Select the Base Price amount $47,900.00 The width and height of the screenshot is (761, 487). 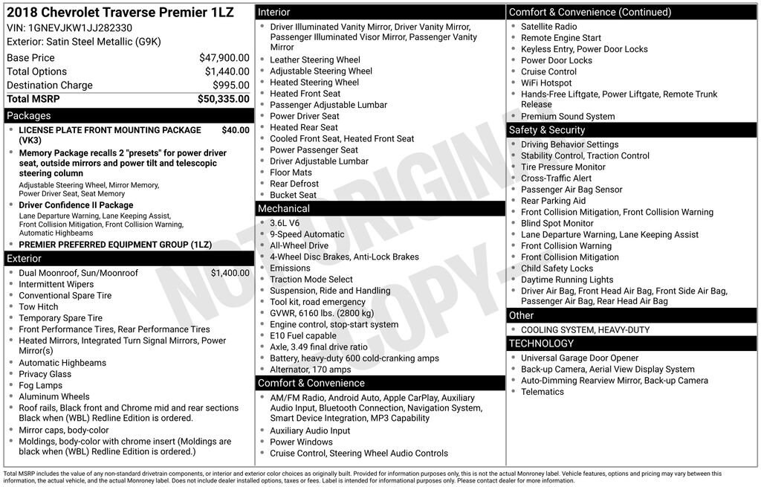pyautogui.click(x=224, y=57)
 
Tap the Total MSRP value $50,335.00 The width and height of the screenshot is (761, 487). pyautogui.click(x=223, y=99)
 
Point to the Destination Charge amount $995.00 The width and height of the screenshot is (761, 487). pyautogui.click(x=230, y=86)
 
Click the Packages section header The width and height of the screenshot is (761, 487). pyautogui.click(x=29, y=115)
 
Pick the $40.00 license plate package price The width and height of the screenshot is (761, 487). pyautogui.click(x=236, y=130)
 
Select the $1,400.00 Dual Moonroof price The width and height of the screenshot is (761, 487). pyautogui.click(x=230, y=273)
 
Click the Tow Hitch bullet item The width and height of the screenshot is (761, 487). pyautogui.click(x=38, y=306)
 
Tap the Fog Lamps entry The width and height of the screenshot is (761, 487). pyautogui.click(x=41, y=385)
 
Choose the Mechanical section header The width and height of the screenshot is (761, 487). pyautogui.click(x=284, y=209)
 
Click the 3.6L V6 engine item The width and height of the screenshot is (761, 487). pyautogui.click(x=285, y=223)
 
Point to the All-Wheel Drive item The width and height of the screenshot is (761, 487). pyautogui.click(x=299, y=245)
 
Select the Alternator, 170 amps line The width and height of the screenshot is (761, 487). pyautogui.click(x=310, y=370)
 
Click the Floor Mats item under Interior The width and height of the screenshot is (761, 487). pyautogui.click(x=291, y=172)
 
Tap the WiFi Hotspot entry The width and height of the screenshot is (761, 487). pyautogui.click(x=546, y=83)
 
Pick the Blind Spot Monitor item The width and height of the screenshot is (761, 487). pyautogui.click(x=557, y=223)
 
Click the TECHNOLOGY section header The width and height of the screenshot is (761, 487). pyautogui.click(x=540, y=344)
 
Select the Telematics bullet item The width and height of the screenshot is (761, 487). pyautogui.click(x=543, y=392)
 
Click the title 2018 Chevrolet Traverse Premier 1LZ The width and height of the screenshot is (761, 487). pyautogui.click(x=119, y=13)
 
